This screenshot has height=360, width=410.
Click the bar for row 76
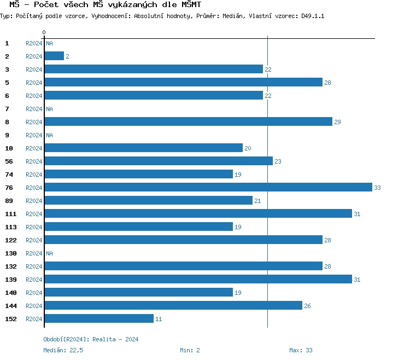tap(208, 188)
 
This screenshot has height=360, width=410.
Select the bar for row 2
tap(54, 56)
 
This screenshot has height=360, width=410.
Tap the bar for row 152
tap(99, 319)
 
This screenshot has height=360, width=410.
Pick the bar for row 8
tap(188, 122)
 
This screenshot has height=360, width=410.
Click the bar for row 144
tap(173, 306)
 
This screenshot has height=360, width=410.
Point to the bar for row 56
tap(159, 161)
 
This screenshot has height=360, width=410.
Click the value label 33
tap(377, 188)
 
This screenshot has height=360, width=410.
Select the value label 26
tap(307, 306)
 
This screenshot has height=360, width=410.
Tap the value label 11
tap(159, 319)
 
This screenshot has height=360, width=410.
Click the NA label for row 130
tap(49, 253)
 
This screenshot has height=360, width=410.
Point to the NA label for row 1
tap(49, 43)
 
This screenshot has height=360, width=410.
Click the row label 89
tap(9, 201)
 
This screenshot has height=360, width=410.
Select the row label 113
tap(10, 227)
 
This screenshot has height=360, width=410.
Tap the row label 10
tap(9, 148)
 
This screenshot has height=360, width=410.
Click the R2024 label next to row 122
tap(34, 240)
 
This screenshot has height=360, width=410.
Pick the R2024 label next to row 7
tap(34, 109)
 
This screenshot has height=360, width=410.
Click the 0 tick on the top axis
tap(44, 33)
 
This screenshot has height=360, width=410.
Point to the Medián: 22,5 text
tap(63, 350)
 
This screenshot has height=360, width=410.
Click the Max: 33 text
tap(301, 350)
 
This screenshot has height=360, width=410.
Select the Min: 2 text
tap(190, 350)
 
